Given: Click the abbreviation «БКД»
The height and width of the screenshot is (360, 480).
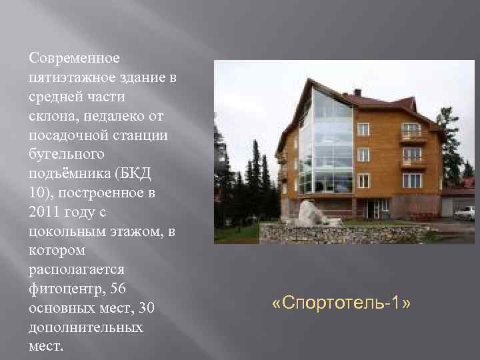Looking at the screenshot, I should click(137, 174).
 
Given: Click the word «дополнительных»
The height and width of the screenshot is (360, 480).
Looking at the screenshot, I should click(86, 328).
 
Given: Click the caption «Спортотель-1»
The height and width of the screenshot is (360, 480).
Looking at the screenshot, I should click(341, 304).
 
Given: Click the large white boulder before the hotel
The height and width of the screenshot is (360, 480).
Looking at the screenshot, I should click(309, 213).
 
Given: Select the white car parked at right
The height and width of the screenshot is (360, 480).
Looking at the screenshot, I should click(464, 212).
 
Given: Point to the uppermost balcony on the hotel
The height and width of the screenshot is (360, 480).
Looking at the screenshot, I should click(413, 136).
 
